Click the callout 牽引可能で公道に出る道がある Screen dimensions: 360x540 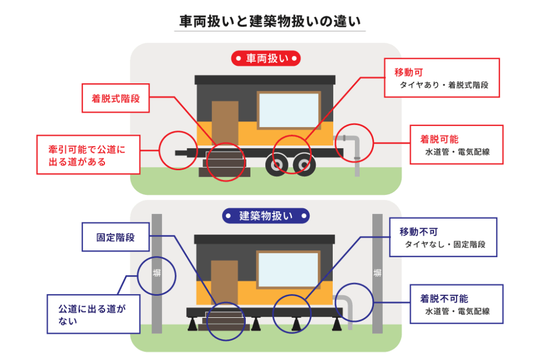click(88, 155)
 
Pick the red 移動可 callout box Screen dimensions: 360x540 click(441, 77)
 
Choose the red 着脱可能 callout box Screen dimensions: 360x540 click(457, 145)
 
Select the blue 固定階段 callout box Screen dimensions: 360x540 click(115, 237)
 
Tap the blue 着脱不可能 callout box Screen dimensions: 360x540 click(457, 304)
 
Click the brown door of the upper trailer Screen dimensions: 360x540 click(225, 123)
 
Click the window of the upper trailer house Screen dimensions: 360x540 click(288, 110)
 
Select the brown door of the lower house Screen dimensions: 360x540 click(224, 282)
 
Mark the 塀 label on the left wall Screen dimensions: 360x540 click(157, 273)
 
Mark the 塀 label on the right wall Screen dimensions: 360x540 click(377, 273)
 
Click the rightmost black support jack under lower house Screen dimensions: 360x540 click(336, 325)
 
